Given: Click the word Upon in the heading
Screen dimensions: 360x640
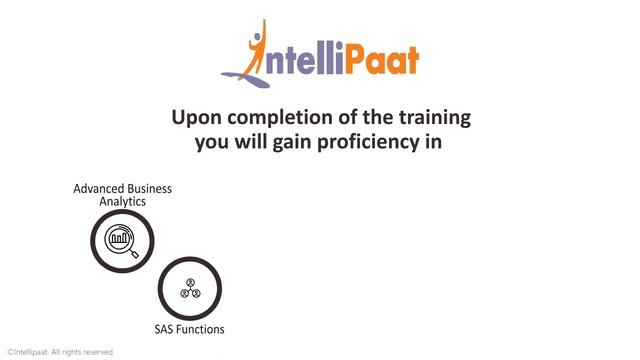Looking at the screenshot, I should [x=194, y=119].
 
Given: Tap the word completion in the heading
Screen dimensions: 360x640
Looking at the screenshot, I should [x=272, y=119].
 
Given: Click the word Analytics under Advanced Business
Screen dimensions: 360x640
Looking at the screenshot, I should [x=122, y=201].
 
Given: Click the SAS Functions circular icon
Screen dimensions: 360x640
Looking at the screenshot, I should [x=189, y=290].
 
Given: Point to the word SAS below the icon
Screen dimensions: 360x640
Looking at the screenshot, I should [x=164, y=329].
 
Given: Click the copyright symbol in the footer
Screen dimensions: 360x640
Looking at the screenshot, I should [x=9, y=352].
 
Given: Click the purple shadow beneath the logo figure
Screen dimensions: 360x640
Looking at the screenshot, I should [x=240, y=73].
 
